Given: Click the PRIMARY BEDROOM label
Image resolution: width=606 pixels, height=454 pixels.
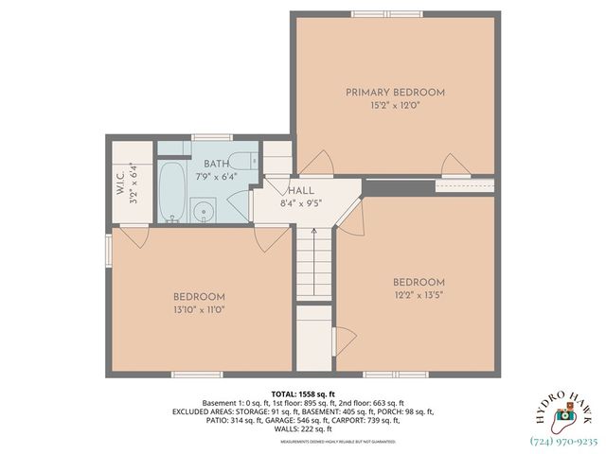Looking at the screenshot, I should (x=394, y=92).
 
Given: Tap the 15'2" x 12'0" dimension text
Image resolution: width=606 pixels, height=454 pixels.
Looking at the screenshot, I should (x=394, y=106).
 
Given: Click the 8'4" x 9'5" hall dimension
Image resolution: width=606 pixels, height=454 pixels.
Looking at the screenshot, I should (x=301, y=202).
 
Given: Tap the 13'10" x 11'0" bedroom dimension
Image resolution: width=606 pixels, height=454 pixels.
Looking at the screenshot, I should (x=199, y=309).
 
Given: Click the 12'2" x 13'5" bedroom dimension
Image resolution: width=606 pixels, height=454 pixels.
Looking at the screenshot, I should (x=418, y=296).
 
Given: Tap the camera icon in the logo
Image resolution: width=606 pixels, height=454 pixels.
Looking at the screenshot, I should (x=563, y=413).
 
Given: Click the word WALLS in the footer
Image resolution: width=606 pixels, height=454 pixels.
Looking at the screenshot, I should (x=287, y=429).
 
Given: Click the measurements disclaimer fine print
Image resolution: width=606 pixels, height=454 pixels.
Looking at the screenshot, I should (x=302, y=441).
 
